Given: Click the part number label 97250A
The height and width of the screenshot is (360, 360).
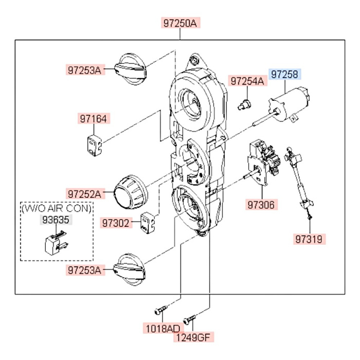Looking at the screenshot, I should [181, 23].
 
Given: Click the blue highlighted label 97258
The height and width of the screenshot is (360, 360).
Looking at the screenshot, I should [284, 75].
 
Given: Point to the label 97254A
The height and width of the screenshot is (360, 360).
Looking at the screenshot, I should [247, 81].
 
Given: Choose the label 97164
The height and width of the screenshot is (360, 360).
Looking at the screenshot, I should [93, 119].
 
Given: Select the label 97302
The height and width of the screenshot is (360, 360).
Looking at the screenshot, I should [116, 223].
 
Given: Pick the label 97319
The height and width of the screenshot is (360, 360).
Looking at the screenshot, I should [311, 239].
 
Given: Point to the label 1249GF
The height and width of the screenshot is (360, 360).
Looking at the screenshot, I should [194, 337].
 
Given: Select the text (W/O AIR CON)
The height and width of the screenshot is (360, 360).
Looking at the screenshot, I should [57, 208].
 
